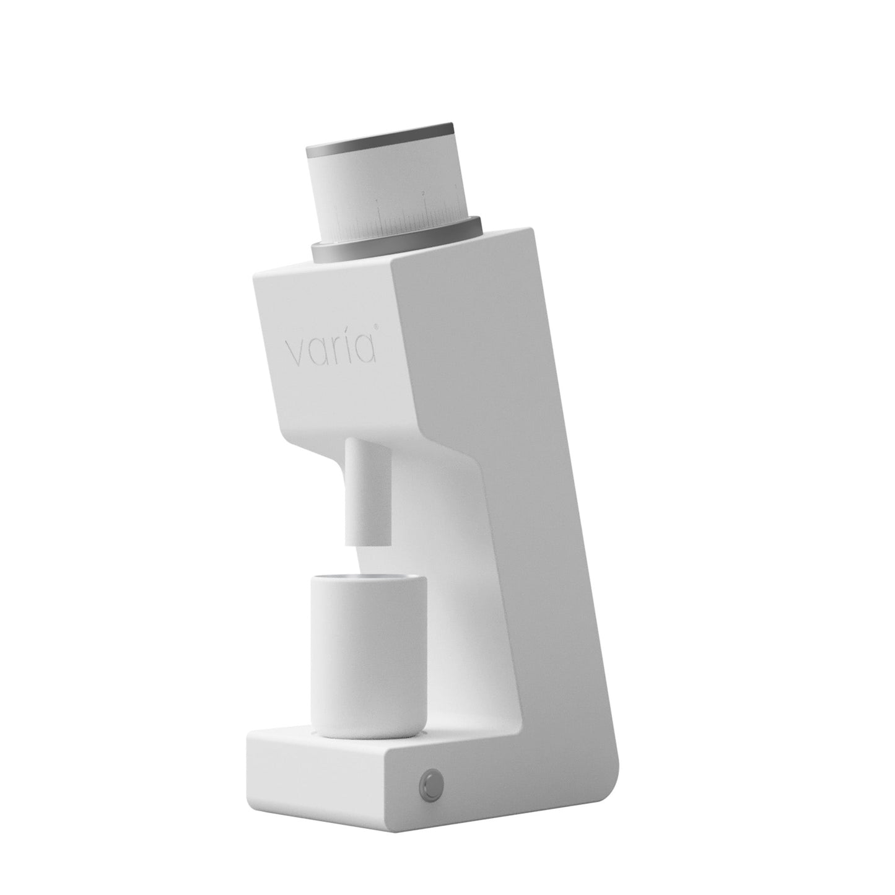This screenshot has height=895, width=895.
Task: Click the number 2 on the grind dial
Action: pyautogui.click(x=422, y=193)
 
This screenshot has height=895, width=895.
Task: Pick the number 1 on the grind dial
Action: pyautogui.click(x=377, y=201)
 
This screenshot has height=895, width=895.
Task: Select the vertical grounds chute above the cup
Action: pyautogui.click(x=367, y=489)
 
